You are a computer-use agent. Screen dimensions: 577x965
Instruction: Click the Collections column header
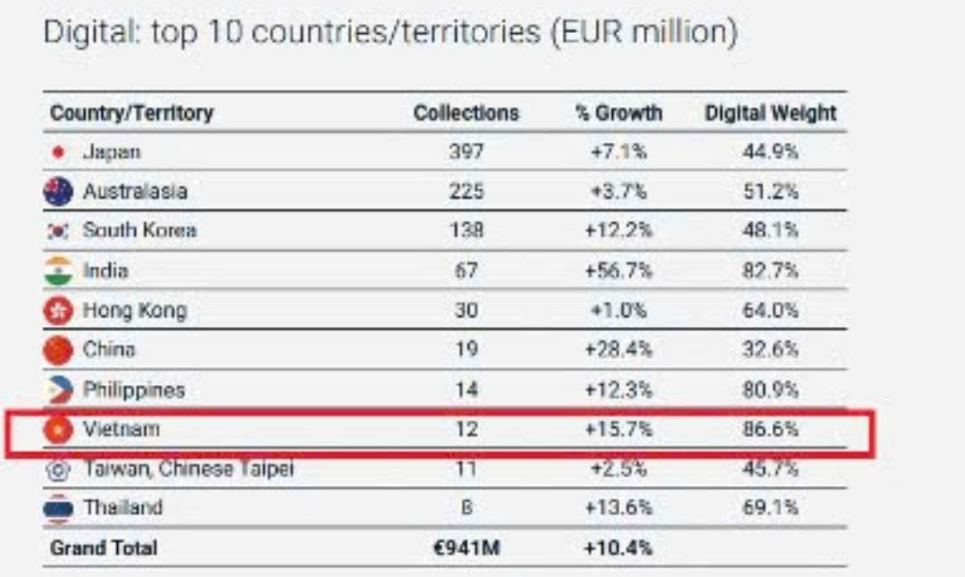click(x=466, y=113)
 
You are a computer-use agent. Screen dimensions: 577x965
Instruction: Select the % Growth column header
click(x=618, y=113)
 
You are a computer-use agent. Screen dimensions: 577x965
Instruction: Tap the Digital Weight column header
click(x=770, y=113)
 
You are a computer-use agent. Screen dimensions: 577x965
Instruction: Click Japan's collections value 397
click(x=466, y=152)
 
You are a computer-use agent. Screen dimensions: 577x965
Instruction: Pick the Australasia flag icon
click(x=58, y=191)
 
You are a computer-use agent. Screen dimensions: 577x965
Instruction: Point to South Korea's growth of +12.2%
click(x=618, y=230)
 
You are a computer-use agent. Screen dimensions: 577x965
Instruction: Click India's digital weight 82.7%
click(x=770, y=271)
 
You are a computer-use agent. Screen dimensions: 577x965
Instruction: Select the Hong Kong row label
click(x=134, y=311)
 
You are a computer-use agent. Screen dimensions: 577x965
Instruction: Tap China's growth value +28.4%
click(x=618, y=349)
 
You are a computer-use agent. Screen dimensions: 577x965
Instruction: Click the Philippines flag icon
click(x=58, y=389)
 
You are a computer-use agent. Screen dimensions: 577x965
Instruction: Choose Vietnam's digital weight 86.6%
click(x=770, y=430)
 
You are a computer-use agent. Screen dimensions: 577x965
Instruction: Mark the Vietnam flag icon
click(x=58, y=430)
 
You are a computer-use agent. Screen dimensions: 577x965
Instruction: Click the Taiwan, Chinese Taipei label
click(x=188, y=468)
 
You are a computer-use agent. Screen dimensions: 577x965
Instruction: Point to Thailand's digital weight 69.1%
click(x=770, y=507)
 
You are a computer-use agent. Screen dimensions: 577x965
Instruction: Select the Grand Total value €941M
click(x=466, y=548)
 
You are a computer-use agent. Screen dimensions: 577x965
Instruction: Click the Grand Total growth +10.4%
click(x=618, y=548)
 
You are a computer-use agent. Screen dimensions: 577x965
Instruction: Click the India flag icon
click(x=58, y=271)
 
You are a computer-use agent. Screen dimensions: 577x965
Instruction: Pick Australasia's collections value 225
click(x=466, y=191)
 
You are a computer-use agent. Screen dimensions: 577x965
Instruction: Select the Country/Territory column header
click(x=131, y=113)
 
